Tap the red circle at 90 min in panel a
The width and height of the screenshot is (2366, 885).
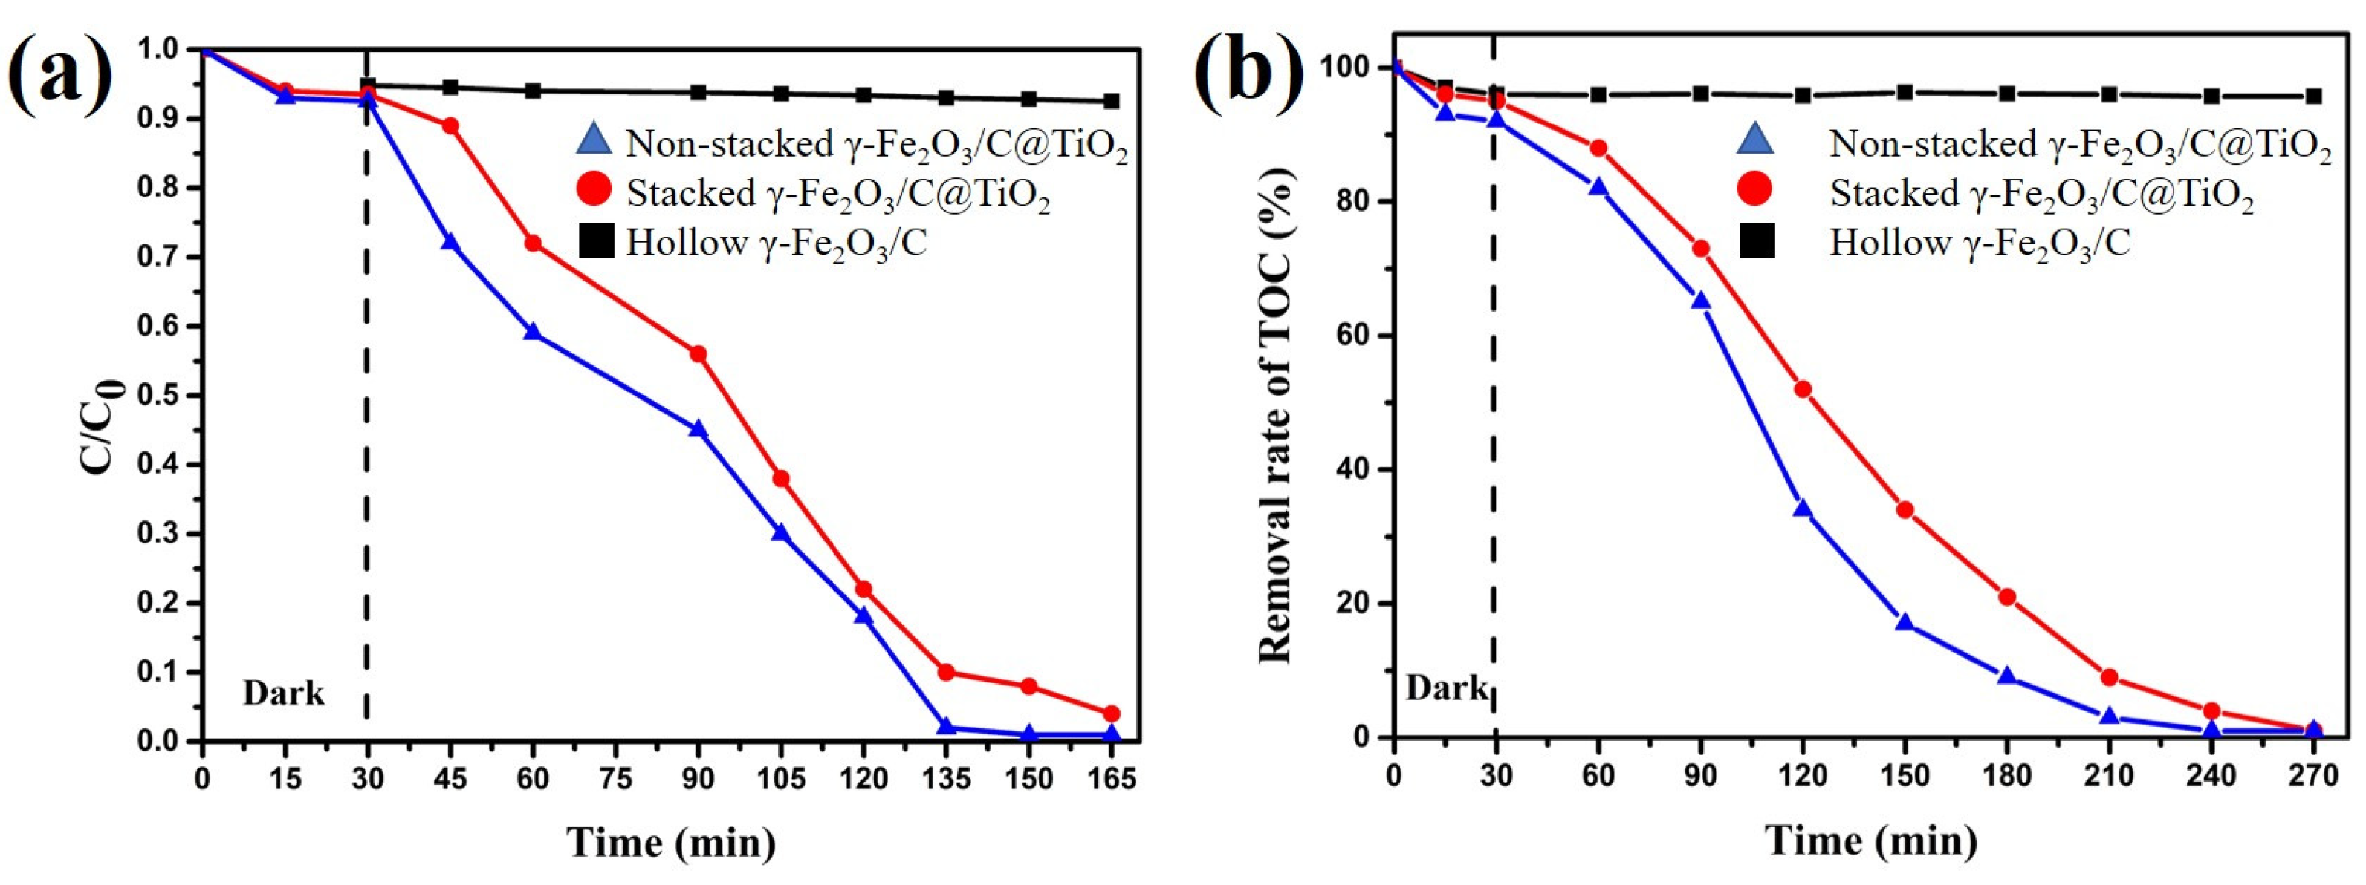[x=698, y=354]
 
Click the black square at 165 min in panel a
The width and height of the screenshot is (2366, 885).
[x=1112, y=101]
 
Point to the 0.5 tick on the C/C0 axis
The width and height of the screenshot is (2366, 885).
[x=159, y=396]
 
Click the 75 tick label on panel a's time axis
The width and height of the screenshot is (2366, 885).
[x=615, y=780]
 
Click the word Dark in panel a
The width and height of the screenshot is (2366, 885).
[x=283, y=693]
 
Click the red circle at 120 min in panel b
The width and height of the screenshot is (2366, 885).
[x=1803, y=389]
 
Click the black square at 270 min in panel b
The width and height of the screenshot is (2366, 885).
[x=2314, y=97]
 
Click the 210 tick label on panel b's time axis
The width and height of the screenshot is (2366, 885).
[x=2109, y=777]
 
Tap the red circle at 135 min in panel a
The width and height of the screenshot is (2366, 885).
[x=946, y=672]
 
